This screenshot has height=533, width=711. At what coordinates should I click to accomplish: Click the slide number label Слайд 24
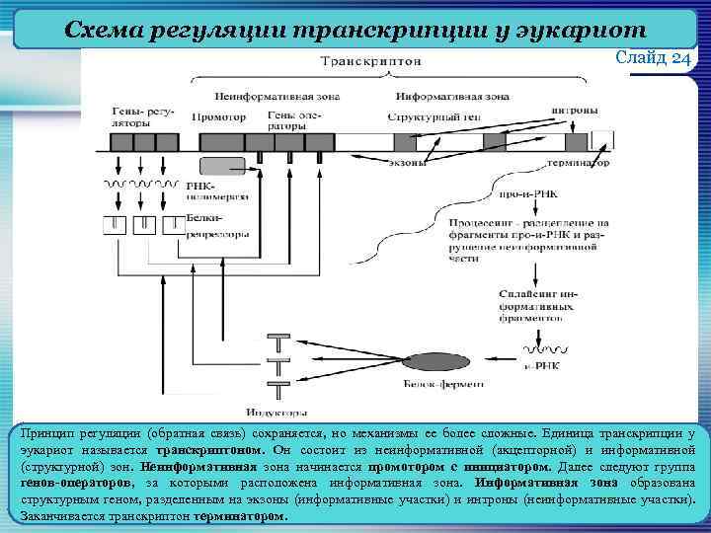654,58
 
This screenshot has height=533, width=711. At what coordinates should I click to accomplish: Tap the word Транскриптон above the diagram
375,61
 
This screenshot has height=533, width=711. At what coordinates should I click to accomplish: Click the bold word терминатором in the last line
242,515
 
